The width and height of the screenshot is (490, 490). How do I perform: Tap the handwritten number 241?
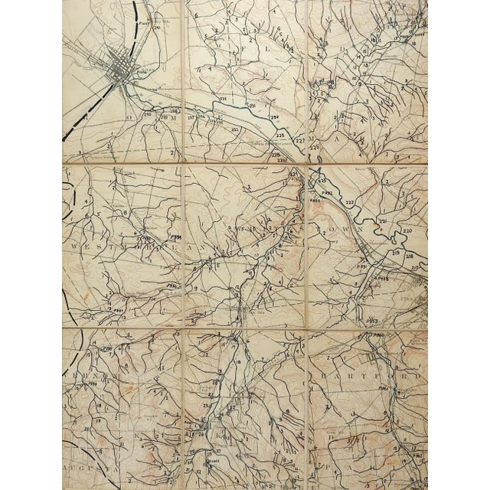(158, 31)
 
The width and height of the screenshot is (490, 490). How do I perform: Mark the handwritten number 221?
(383, 221)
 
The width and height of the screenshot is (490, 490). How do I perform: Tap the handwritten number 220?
(406, 230)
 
